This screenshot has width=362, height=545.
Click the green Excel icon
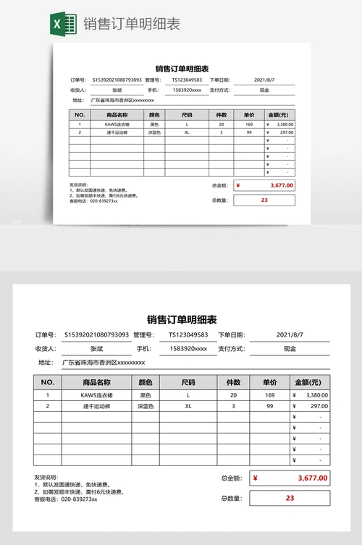[64, 24]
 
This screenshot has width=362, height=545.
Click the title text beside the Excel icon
[132, 24]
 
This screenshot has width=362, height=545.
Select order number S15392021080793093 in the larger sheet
[96, 335]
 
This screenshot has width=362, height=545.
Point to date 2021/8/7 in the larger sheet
[290, 335]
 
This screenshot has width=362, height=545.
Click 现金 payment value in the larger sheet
[290, 349]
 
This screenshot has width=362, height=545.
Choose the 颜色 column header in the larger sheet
[146, 382]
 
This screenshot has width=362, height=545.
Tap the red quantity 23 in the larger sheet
[290, 498]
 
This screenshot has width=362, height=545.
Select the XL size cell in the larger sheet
[188, 406]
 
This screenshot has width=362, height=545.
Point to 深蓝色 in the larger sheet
[146, 406]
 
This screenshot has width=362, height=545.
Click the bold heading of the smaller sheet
[182, 68]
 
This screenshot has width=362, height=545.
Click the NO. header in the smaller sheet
[80, 114]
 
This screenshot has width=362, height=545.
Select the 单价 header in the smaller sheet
[249, 114]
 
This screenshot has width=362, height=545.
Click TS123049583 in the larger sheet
[188, 335]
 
